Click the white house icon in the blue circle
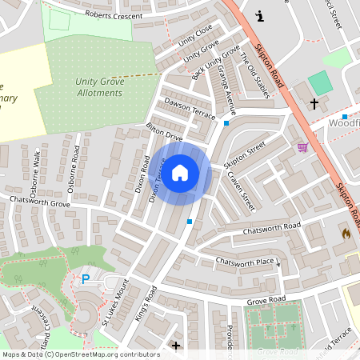point(180,172)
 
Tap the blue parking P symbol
point(86,278)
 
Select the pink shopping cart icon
point(302,147)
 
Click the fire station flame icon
point(346,234)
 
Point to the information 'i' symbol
point(258,15)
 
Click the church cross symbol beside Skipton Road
point(314,104)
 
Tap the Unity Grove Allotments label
point(99,86)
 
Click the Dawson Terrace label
point(190,108)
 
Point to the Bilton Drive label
point(164,133)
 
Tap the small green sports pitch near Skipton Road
point(320,82)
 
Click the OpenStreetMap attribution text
point(81,354)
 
